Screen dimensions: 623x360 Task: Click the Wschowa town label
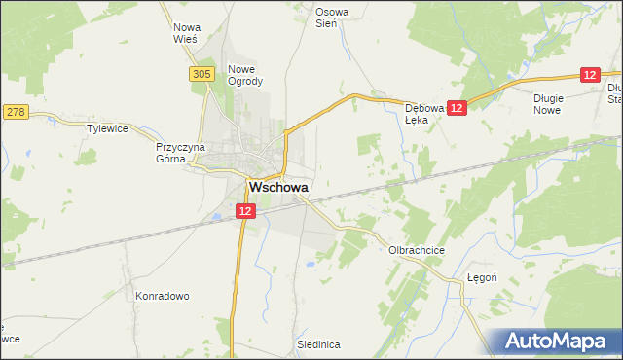(x=278, y=187)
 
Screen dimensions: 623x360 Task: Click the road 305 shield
(x=202, y=74)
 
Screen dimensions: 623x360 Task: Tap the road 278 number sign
(x=15, y=113)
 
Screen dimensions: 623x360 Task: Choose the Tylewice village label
(x=108, y=128)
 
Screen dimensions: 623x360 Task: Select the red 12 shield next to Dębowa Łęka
(x=458, y=108)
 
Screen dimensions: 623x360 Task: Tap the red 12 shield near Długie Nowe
(x=590, y=74)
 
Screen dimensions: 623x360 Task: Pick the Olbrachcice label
(x=417, y=250)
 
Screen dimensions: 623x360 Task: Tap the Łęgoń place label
(x=482, y=277)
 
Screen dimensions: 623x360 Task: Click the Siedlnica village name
(x=318, y=344)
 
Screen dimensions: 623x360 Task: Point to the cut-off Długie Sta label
(x=612, y=92)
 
